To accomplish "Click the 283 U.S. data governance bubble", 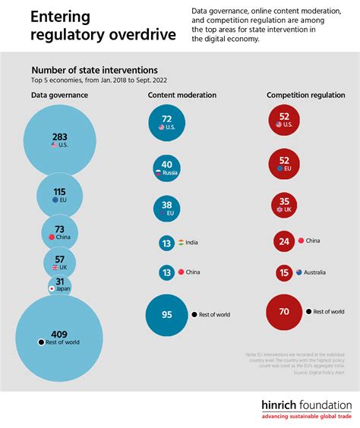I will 59,140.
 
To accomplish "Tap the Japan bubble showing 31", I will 59,286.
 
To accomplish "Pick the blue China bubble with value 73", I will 59,233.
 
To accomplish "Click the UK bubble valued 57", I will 59,263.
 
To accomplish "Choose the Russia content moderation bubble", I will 166,168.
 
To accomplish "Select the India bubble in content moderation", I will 166,243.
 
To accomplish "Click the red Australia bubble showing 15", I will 285,272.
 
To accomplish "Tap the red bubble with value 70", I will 285,311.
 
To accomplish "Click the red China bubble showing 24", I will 285,241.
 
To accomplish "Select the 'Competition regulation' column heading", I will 302,95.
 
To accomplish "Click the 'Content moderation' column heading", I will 182,95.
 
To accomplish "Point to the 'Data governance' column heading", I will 60,95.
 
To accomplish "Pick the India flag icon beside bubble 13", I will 182,242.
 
